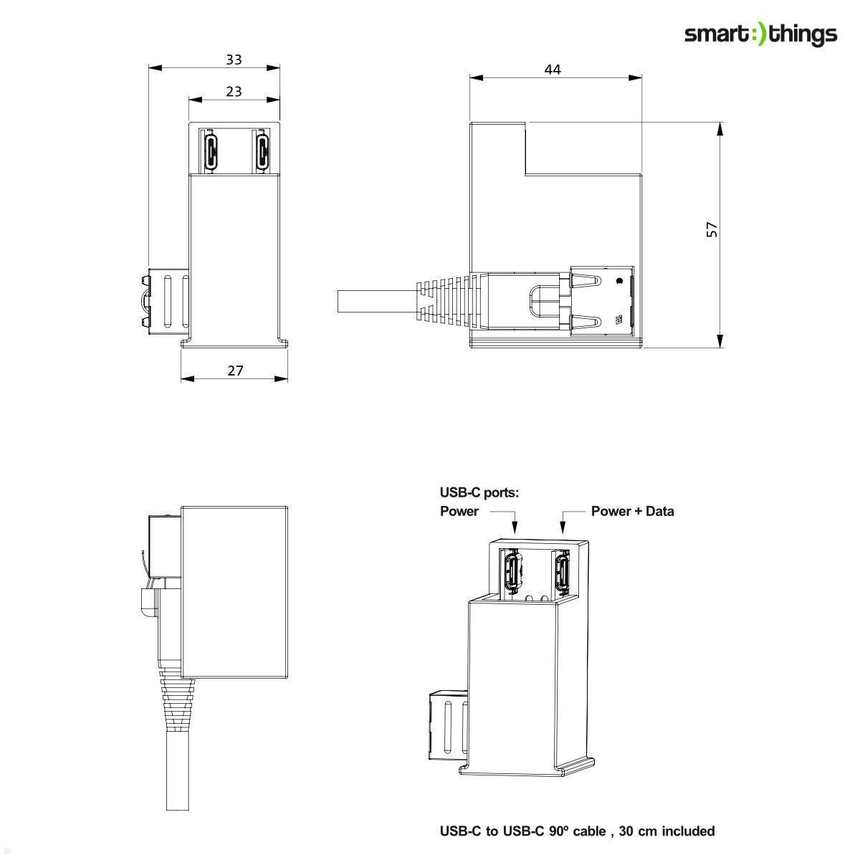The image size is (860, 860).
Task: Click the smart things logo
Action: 760,34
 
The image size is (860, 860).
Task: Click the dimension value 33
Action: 234,59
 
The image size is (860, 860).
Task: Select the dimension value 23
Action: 234,91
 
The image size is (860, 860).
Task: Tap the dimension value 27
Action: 235,370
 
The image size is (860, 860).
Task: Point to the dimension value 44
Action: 552,69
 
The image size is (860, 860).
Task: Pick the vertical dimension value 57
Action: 712,229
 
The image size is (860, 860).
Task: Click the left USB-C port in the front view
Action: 212,150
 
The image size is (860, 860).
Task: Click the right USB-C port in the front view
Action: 263,150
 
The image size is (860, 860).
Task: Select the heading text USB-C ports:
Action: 479,492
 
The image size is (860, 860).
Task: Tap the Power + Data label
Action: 632,511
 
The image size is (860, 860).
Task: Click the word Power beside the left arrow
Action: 459,511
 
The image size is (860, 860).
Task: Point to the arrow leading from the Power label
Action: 513,522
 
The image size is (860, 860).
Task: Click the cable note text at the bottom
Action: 577,831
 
